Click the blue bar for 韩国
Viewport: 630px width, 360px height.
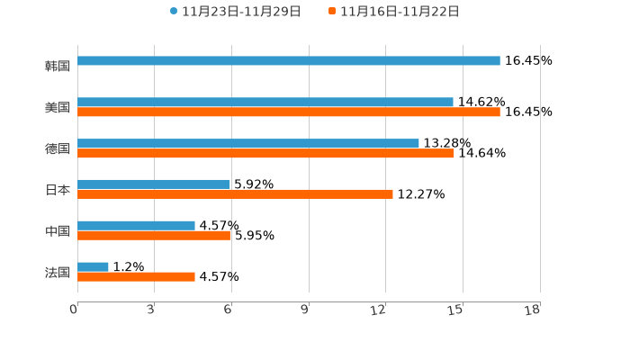pyautogui.click(x=289, y=60)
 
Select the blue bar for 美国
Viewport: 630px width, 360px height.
pyautogui.click(x=265, y=102)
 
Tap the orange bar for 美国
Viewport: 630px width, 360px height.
pyautogui.click(x=289, y=112)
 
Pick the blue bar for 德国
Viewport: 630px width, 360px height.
pyautogui.click(x=248, y=143)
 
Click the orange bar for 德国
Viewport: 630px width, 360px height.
pyautogui.click(x=265, y=154)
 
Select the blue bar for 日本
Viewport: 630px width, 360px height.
pyautogui.click(x=154, y=184)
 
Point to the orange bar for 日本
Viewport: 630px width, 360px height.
pyautogui.click(x=235, y=194)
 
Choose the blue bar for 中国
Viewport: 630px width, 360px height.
pyautogui.click(x=136, y=225)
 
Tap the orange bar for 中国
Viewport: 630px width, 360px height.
pyautogui.click(x=154, y=236)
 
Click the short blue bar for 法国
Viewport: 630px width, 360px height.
pyautogui.click(x=94, y=266)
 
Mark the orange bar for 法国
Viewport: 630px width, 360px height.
pyautogui.click(x=136, y=277)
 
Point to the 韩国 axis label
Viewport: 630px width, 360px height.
pyautogui.click(x=58, y=66)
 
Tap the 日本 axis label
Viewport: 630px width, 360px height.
pyautogui.click(x=58, y=190)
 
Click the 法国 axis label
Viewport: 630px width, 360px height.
pyautogui.click(x=58, y=272)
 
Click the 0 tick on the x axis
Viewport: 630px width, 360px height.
pyautogui.click(x=75, y=310)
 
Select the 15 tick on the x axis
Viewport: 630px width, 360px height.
pyautogui.click(x=457, y=310)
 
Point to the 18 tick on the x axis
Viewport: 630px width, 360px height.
pyautogui.click(x=534, y=310)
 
